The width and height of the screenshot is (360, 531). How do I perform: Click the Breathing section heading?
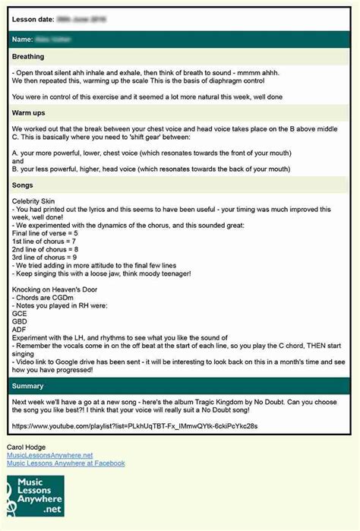pos(28,57)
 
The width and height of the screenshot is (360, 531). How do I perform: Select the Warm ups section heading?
pos(28,113)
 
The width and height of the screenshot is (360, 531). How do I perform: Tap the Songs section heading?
pos(24,185)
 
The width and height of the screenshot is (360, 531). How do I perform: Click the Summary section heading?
pos(28,387)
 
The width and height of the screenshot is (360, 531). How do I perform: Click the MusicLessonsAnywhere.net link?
pos(49,455)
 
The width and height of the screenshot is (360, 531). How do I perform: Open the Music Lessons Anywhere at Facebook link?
pos(65,463)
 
